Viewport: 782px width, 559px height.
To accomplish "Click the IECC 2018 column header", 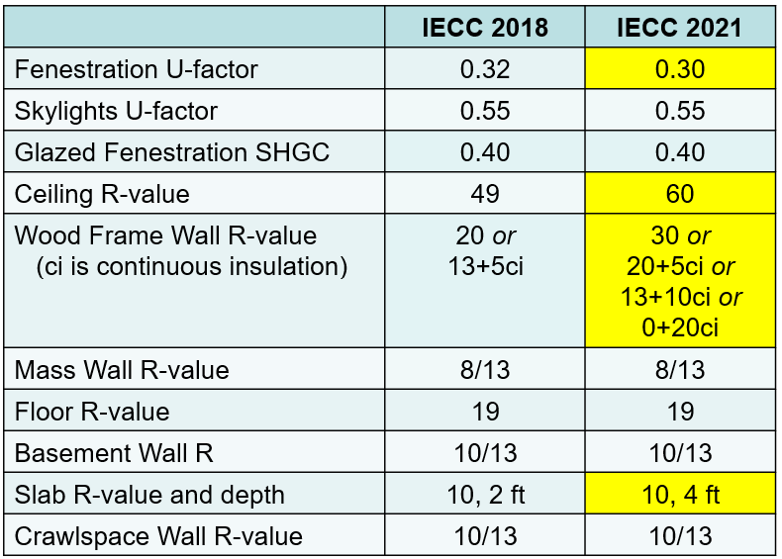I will click(x=485, y=28).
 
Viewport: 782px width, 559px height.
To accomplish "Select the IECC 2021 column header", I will click(x=679, y=28).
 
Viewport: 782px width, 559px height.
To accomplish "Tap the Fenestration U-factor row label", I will click(x=136, y=70).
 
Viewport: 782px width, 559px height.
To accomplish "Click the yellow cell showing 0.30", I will click(x=679, y=70).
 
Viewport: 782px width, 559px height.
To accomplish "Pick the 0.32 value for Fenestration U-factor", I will click(x=485, y=70).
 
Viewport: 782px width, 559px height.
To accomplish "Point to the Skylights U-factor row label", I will click(x=116, y=111).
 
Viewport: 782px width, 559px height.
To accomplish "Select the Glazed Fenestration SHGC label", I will click(x=172, y=152).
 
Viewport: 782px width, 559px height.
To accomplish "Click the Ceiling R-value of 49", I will click(x=485, y=194).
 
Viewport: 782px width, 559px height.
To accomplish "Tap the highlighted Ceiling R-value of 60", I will click(x=679, y=194).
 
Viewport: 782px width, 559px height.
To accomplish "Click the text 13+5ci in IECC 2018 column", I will click(x=485, y=267).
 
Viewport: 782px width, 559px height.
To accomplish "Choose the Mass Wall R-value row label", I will click(x=122, y=370).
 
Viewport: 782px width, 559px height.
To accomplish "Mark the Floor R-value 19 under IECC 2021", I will click(x=679, y=412).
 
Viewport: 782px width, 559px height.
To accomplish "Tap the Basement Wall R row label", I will click(x=114, y=453).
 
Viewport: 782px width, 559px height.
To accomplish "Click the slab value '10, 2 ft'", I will click(x=485, y=495).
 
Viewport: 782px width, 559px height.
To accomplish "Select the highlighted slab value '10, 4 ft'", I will click(x=679, y=495).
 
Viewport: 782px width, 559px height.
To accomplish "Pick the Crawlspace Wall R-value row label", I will click(x=158, y=536).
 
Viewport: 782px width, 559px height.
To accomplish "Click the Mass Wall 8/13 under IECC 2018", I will click(x=485, y=370).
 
